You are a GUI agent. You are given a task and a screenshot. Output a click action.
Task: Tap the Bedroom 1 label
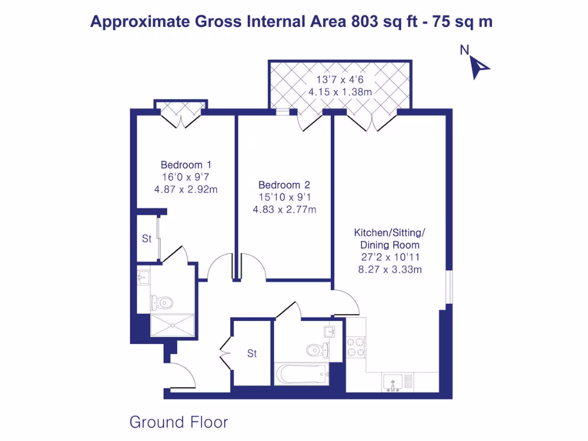click(181, 164)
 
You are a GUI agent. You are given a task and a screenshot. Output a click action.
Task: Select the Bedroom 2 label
click(284, 185)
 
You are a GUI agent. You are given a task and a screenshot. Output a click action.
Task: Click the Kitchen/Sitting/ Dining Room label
click(390, 239)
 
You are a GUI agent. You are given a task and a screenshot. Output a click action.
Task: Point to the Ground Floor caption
click(179, 423)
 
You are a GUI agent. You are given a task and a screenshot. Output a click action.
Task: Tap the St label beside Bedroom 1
click(147, 239)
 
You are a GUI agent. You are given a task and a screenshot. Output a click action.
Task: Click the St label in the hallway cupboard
click(252, 354)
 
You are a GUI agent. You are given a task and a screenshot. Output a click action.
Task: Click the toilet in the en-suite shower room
click(163, 301)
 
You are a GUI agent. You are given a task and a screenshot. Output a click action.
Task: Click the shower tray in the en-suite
click(172, 325)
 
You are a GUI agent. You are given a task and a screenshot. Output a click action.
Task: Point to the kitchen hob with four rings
click(355, 347)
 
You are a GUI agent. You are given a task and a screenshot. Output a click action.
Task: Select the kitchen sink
click(394, 381)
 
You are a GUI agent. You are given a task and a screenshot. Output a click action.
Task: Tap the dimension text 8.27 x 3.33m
click(390, 269)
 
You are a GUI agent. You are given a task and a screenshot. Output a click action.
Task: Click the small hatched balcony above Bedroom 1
click(181, 108)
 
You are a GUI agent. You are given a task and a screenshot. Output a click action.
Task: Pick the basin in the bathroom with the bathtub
click(328, 331)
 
